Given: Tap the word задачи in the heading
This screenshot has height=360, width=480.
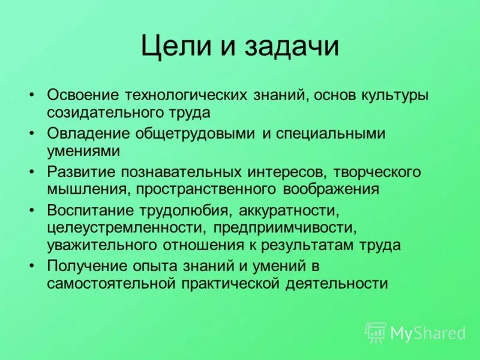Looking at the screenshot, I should click(x=292, y=47).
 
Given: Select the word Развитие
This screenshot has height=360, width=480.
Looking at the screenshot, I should click(x=82, y=172).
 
